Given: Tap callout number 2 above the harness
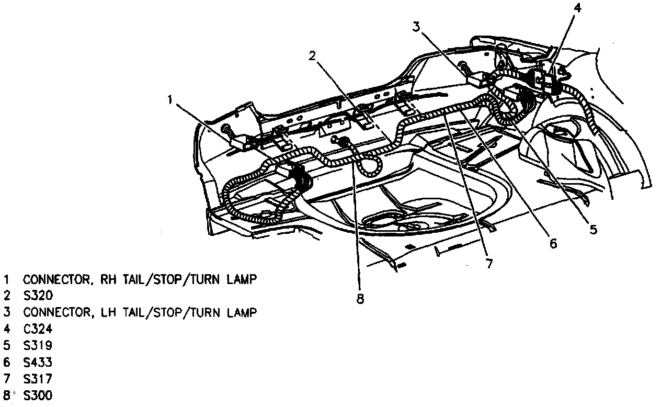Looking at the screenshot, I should [x=312, y=56].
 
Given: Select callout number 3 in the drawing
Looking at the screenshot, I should [x=416, y=27].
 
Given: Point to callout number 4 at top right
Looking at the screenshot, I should [x=576, y=8].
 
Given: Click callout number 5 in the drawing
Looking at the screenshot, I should [x=592, y=229].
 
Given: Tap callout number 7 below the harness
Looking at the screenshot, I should [x=488, y=264].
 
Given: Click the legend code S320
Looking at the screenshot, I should [x=38, y=296].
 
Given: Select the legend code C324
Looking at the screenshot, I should [x=38, y=329].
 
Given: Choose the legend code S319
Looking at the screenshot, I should [x=38, y=345].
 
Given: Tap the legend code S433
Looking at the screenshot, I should [x=38, y=362].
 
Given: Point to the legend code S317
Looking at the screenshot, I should [x=38, y=379].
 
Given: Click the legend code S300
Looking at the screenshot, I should [x=38, y=395].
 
